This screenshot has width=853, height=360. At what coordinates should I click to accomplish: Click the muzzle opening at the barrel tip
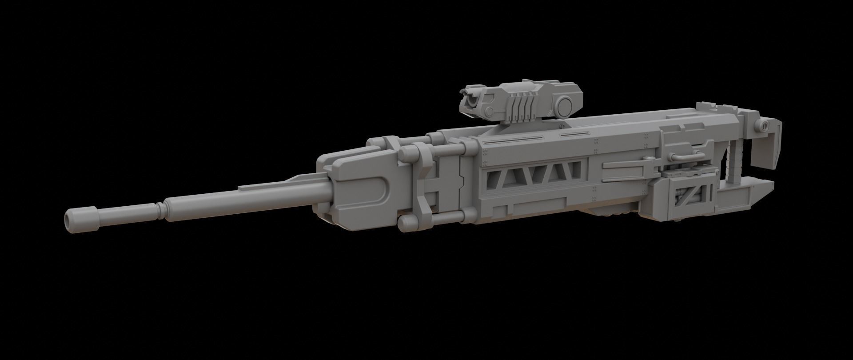click(x=68, y=218)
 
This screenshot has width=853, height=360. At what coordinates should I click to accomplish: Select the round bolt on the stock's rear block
click(x=763, y=126)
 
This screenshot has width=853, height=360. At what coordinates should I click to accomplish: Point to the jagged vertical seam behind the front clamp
click(x=462, y=182)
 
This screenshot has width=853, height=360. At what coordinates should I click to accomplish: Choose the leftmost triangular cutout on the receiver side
click(x=495, y=178)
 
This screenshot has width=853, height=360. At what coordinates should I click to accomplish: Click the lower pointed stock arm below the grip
click(x=755, y=196)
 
